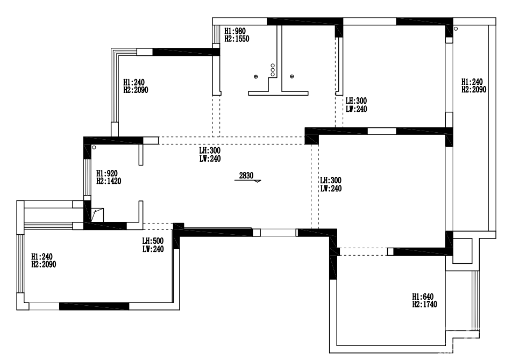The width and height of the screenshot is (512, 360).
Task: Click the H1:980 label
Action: [235, 31]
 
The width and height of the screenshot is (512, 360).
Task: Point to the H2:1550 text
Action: [237, 39]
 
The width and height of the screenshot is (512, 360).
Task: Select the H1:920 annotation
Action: [107, 174]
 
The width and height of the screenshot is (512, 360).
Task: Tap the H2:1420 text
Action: [109, 181]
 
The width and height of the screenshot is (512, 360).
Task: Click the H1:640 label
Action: [423, 297]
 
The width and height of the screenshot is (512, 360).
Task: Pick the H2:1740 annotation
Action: [424, 304]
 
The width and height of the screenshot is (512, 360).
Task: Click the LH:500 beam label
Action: [153, 241]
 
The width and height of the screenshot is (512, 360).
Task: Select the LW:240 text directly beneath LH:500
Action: [153, 249]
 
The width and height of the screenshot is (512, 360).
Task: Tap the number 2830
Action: [246, 176]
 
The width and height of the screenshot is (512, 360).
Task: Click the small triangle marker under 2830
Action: [258, 181]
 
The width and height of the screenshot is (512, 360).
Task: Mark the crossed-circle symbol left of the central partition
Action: [255, 77]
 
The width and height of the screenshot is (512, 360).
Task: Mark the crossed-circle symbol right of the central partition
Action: [291, 77]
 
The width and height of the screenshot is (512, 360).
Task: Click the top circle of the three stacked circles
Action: [273, 66]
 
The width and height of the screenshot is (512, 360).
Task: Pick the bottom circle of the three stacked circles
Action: [273, 74]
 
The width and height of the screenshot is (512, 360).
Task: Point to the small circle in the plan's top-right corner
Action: [456, 28]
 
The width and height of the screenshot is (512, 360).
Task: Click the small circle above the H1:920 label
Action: [94, 148]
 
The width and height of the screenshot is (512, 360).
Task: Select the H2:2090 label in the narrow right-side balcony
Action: [474, 89]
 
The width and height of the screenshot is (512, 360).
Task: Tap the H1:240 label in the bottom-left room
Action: [42, 257]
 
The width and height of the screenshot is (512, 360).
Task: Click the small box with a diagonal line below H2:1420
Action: [97, 215]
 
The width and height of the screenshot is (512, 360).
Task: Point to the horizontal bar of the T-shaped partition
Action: [278, 93]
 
